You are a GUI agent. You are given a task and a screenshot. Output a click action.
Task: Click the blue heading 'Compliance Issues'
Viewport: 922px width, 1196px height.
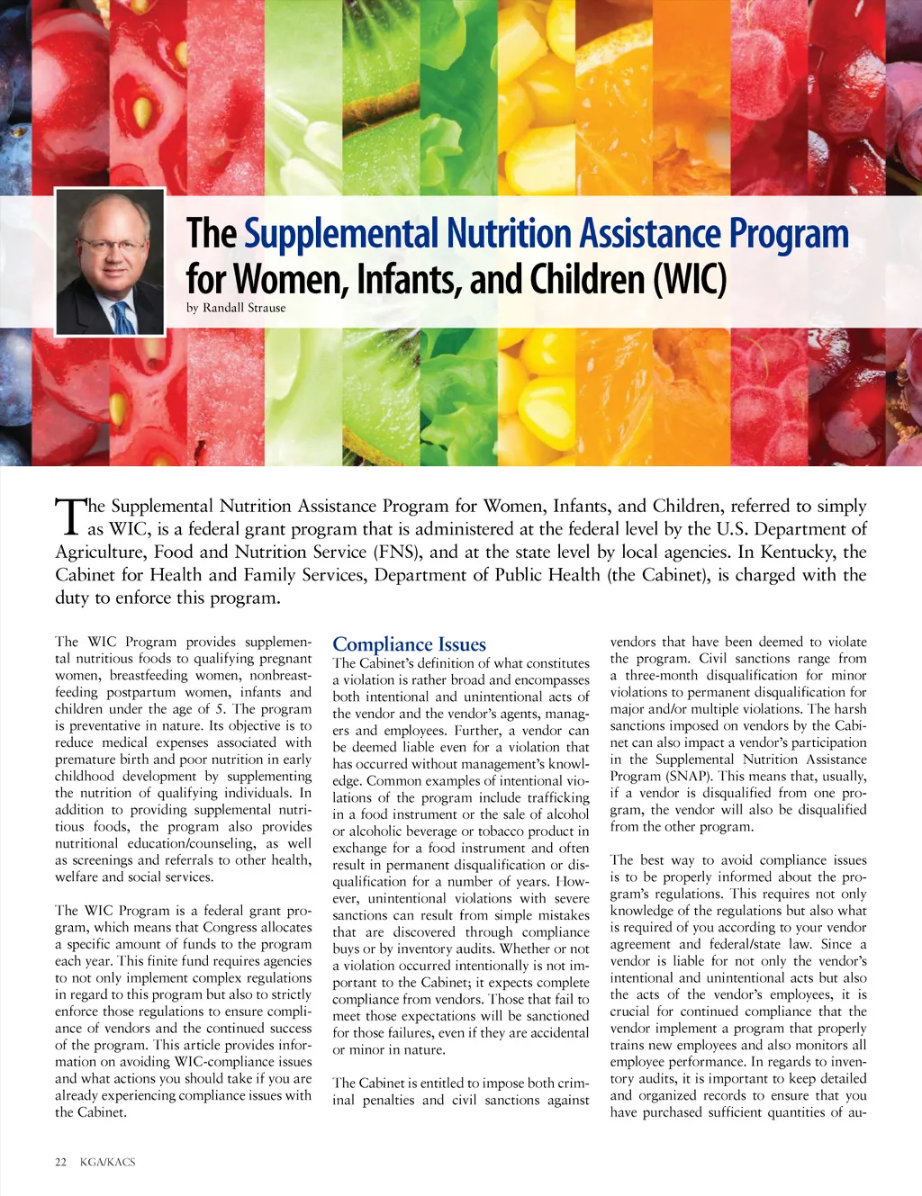coord(409,644)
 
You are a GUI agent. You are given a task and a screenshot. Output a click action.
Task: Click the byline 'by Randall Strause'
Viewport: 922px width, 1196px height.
coord(236,308)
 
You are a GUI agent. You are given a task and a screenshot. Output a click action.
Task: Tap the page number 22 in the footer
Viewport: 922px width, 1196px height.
coord(61,1162)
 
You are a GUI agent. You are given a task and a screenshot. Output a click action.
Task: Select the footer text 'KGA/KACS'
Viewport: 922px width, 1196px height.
coord(107,1162)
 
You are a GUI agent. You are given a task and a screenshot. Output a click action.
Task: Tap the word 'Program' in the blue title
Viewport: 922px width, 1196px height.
coord(789,234)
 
